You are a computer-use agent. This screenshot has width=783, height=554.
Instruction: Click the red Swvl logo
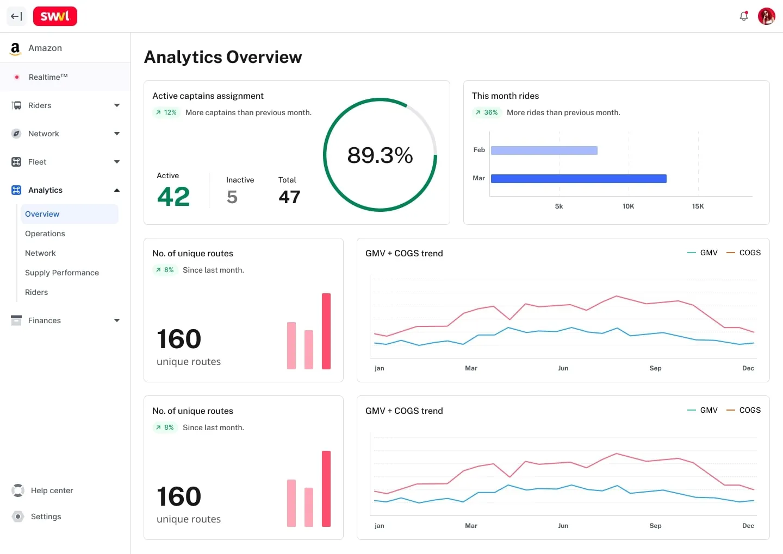pos(55,16)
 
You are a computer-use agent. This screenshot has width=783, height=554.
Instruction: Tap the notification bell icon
pos(743,16)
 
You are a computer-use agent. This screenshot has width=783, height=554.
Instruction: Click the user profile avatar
pos(766,16)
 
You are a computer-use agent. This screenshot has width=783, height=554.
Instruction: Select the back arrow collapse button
pos(16,16)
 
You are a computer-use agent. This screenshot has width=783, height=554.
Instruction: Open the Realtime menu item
pos(48,77)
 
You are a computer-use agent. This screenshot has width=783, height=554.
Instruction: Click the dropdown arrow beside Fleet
pos(117,162)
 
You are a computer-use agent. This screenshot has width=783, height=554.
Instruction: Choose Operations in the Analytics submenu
pos(45,234)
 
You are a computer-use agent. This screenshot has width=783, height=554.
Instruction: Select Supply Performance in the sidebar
pos(62,273)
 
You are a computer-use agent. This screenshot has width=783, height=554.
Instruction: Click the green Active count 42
pos(173,196)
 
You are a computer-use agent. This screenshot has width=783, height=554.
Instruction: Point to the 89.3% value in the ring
pos(380,155)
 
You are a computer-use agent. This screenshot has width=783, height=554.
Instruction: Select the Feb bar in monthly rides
pos(544,150)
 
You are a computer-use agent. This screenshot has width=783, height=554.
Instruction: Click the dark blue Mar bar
pos(579,178)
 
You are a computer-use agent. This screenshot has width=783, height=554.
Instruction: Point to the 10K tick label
pos(628,206)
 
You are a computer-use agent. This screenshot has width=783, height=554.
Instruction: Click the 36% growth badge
pos(487,112)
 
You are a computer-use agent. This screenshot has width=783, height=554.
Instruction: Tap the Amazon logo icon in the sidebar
pos(15,48)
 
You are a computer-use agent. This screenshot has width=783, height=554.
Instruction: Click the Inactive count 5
pos(232,197)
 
